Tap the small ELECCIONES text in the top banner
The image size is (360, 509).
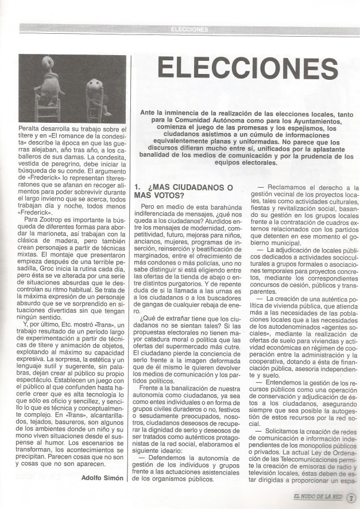(x=189, y=28)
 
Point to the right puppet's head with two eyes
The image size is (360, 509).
(x=94, y=84)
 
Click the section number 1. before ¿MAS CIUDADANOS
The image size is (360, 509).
(x=137, y=187)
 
